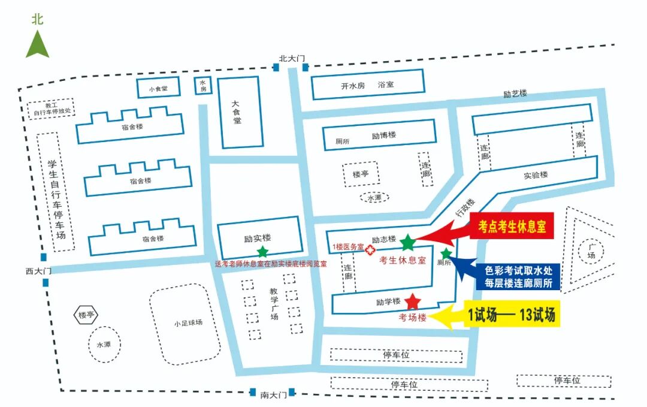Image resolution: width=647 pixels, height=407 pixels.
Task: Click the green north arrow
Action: (x=37, y=45)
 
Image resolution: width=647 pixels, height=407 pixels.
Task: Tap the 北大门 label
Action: (x=292, y=58)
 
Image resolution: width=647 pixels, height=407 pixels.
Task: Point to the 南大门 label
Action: (x=274, y=394)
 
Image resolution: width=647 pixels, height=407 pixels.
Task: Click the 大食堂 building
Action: (x=238, y=112)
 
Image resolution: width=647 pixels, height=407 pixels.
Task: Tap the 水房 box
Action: (x=203, y=86)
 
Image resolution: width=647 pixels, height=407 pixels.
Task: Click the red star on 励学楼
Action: (x=413, y=301)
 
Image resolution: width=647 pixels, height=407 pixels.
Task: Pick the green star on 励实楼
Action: (x=262, y=252)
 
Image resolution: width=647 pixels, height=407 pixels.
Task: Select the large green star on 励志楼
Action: (x=408, y=243)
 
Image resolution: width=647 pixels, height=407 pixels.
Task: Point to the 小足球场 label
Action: (x=188, y=322)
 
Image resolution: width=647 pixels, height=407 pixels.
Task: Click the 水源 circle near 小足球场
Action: (x=103, y=345)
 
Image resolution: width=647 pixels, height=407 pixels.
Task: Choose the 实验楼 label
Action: (x=536, y=174)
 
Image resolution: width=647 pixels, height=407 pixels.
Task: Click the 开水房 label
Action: (x=352, y=86)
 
